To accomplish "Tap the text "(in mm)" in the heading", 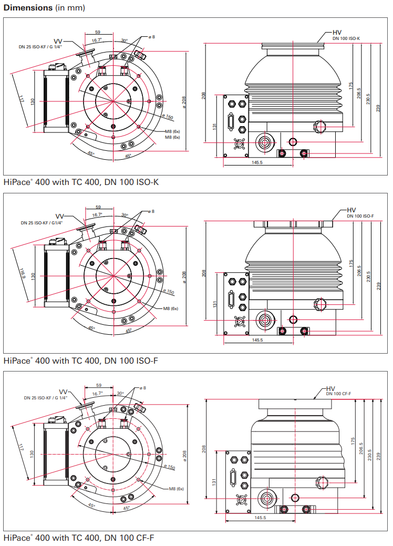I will pos(70,8).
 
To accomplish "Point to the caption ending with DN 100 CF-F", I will pos(79,538).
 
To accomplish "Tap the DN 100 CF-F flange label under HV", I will pos(338,394).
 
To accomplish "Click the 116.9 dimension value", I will pos(22,275).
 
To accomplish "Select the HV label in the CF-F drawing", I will pos(330,388).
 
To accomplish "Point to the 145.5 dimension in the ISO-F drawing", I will pos(257,340).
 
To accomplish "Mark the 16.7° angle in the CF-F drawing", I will pos(97,393).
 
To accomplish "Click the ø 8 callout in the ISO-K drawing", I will pos(151,37).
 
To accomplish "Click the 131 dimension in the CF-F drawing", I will pos(214,482).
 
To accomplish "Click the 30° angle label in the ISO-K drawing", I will pos(125,40).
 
